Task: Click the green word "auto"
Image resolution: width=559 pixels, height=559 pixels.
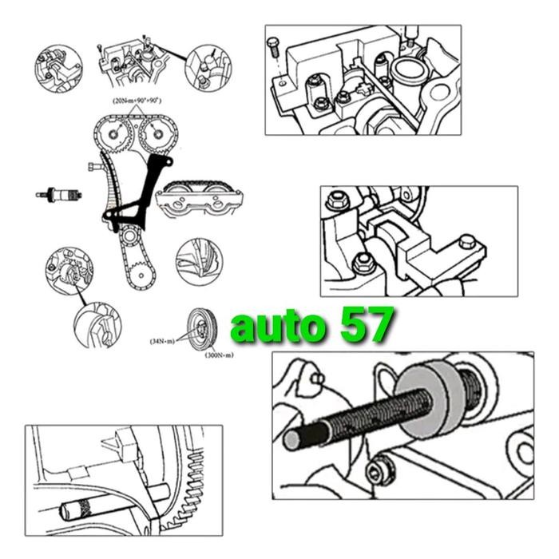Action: [x=275, y=327]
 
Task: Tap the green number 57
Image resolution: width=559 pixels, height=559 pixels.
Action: [x=364, y=325]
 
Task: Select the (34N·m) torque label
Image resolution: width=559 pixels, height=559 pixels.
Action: [x=163, y=339]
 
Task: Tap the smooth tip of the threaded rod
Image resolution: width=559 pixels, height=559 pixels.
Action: [x=291, y=438]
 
